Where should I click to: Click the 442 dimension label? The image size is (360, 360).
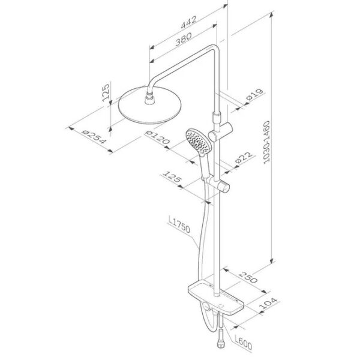coord(189,22)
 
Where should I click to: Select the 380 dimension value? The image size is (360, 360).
coord(184,39)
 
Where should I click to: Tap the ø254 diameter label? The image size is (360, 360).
coord(94,138)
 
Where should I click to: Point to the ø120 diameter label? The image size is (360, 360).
coord(157,137)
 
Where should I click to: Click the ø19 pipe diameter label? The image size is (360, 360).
coord(255,95)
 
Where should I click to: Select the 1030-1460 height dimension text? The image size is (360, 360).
coord(266,142)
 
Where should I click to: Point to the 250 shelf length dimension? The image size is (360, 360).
coord(248,277)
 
